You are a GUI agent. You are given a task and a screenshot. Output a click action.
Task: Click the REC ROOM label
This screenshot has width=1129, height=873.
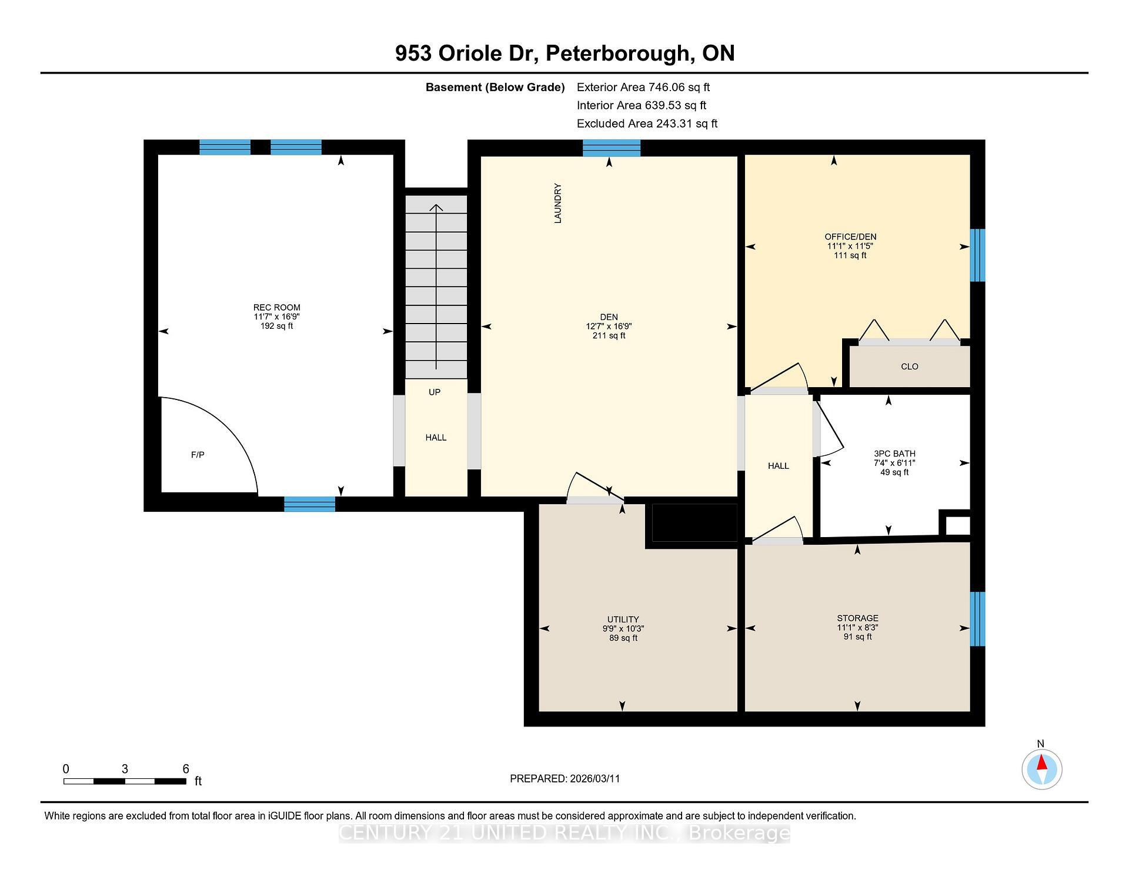tap(276, 308)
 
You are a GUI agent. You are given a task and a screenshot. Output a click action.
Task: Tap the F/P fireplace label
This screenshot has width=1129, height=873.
tap(198, 455)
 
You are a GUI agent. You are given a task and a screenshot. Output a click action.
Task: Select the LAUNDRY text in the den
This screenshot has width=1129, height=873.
tap(558, 203)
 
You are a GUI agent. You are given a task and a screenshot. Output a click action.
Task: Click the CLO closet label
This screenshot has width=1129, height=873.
tap(909, 366)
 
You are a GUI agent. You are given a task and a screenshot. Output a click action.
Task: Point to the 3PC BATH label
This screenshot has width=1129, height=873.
tap(894, 454)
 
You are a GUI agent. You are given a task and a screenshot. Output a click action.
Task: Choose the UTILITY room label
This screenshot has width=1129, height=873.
tap(623, 619)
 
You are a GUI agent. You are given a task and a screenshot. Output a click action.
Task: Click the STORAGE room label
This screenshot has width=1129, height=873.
tap(857, 618)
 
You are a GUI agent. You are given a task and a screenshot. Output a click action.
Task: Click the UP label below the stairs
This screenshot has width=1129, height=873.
tap(435, 392)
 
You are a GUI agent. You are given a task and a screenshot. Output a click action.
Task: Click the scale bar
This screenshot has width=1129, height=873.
tap(125, 781)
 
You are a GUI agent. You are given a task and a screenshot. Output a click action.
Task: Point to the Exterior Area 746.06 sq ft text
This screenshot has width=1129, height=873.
tap(643, 88)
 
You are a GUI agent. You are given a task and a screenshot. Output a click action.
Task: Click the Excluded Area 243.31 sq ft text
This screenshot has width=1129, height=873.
tap(647, 124)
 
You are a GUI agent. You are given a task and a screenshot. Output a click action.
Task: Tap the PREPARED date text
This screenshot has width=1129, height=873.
tap(564, 779)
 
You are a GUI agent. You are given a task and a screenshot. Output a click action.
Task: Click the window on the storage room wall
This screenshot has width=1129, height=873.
tap(977, 619)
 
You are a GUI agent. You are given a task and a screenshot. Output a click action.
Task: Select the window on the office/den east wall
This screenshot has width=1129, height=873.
tap(977, 255)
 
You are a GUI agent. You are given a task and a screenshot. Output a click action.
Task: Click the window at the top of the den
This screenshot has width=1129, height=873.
tap(611, 148)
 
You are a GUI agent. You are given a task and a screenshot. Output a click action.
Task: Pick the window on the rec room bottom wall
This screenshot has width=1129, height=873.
tap(309, 504)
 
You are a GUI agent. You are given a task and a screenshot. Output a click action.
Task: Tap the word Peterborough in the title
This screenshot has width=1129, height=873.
tap(618, 54)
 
